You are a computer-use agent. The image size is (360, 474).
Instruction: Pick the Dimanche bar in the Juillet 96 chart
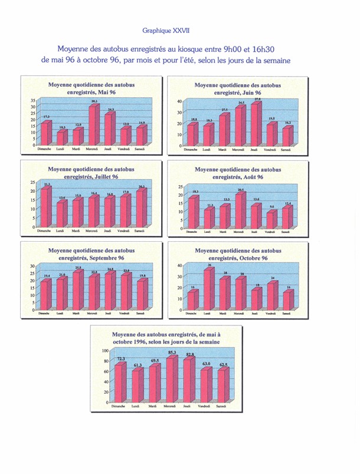click(45, 207)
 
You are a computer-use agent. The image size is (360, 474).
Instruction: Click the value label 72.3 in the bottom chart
click(120, 359)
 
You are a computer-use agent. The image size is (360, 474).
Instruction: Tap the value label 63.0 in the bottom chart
click(205, 364)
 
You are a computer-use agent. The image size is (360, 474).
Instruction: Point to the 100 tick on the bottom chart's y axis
click(106, 351)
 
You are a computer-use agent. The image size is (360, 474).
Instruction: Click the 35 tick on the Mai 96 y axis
click(33, 101)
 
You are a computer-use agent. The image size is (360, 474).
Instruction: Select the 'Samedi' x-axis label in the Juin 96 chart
click(285, 150)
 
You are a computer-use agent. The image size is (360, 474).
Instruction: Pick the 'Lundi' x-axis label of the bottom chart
click(136, 407)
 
